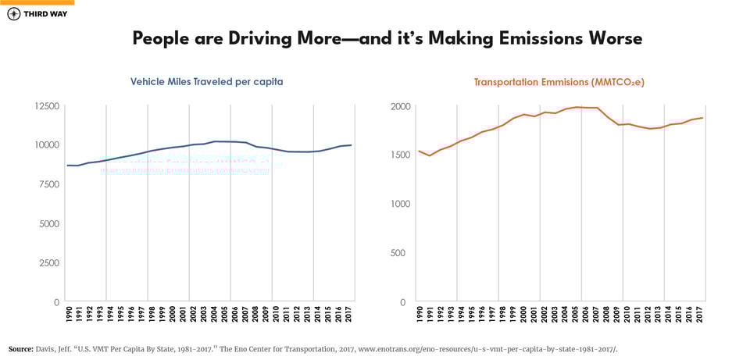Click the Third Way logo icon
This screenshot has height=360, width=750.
point(13,15)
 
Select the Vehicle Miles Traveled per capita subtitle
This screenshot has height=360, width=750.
point(206,81)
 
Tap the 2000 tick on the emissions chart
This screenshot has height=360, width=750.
point(398,105)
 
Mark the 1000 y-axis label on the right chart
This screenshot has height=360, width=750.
point(398,204)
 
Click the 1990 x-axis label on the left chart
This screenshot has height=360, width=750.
point(68,315)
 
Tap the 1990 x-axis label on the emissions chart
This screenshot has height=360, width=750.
point(420,315)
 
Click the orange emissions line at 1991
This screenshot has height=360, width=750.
point(430,155)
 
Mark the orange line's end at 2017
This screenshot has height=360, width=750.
point(703,118)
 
